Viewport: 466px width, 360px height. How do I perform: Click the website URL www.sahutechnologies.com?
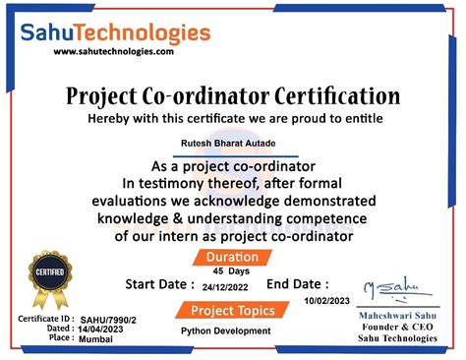tap(113, 52)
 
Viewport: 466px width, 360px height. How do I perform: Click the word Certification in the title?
tap(326, 96)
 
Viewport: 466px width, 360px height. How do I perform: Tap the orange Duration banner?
tap(233, 257)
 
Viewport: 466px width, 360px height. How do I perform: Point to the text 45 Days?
tap(232, 270)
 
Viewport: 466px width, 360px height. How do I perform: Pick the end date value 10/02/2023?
tap(326, 299)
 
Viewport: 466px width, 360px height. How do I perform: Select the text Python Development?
tap(226, 331)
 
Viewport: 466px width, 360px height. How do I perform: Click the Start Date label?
tap(159, 284)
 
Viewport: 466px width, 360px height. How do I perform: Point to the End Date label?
tap(297, 283)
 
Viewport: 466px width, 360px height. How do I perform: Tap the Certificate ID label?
tap(45, 320)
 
